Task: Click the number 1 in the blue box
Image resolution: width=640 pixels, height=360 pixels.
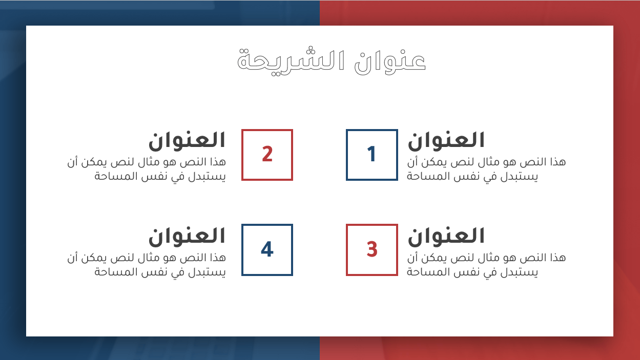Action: pos(372,155)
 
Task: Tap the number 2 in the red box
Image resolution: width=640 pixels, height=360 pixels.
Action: pos(267,155)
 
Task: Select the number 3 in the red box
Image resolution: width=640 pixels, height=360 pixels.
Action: pos(372,249)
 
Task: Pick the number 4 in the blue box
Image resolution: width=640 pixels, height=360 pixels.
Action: pos(267,249)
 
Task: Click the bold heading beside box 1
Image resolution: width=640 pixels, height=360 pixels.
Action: pos(446,140)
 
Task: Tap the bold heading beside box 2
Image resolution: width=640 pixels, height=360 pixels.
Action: pos(187,140)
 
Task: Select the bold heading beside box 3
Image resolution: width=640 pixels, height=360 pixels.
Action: pos(446,236)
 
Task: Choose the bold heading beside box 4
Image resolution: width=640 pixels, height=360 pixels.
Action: pos(187,236)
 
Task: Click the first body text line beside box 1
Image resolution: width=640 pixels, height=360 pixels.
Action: pos(486,162)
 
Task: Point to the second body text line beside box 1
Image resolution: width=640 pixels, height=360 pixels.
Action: pos(472,177)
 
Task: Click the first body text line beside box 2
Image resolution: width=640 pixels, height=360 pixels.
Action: pos(147,162)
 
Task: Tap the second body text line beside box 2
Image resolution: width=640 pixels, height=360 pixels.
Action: pos(160,177)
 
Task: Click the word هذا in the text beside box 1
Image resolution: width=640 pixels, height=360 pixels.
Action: pos(556,162)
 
